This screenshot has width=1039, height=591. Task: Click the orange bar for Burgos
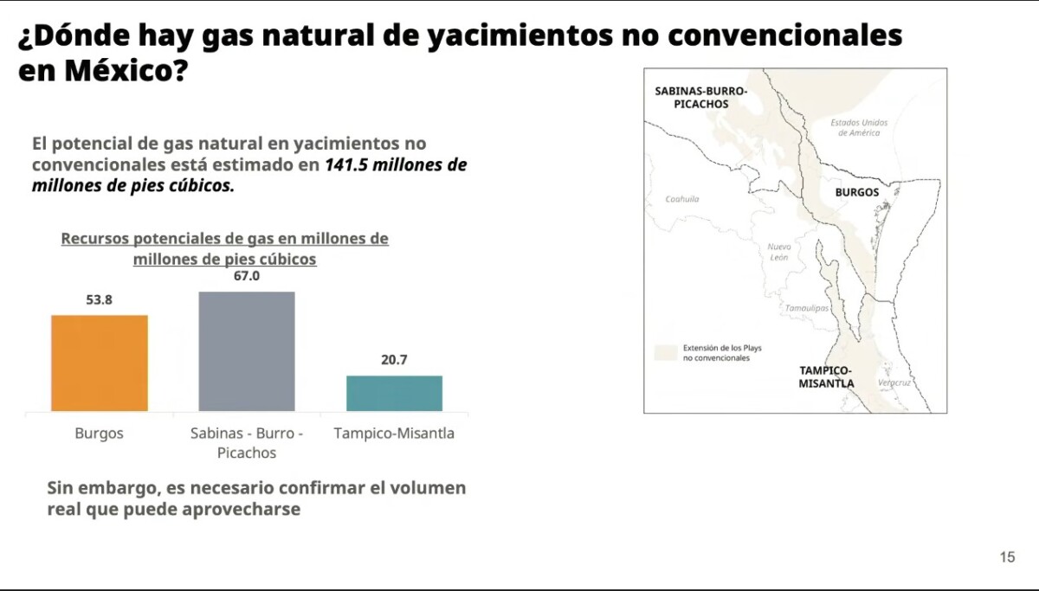click(100, 363)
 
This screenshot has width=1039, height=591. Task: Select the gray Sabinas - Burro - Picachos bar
click(247, 351)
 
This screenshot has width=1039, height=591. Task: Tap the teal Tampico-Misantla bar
click(394, 393)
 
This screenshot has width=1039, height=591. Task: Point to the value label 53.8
click(100, 300)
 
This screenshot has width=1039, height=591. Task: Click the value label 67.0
click(247, 276)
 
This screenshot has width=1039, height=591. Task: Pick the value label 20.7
click(394, 360)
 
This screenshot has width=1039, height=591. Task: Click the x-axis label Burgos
click(100, 434)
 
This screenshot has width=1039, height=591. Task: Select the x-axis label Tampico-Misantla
click(394, 434)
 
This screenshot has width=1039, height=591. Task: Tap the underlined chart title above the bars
click(225, 248)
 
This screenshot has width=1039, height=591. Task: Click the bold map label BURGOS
click(857, 192)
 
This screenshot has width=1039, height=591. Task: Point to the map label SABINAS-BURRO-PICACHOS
click(700, 97)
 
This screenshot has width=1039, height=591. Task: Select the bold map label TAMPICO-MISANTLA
click(826, 377)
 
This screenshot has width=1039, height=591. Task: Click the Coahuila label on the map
click(682, 199)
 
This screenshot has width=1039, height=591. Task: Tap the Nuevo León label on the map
click(779, 252)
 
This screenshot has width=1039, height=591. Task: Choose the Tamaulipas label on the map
click(807, 308)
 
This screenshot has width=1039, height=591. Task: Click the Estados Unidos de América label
click(859, 127)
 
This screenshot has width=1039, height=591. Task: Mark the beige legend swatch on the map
click(666, 353)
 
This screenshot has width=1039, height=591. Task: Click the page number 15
click(1008, 556)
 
